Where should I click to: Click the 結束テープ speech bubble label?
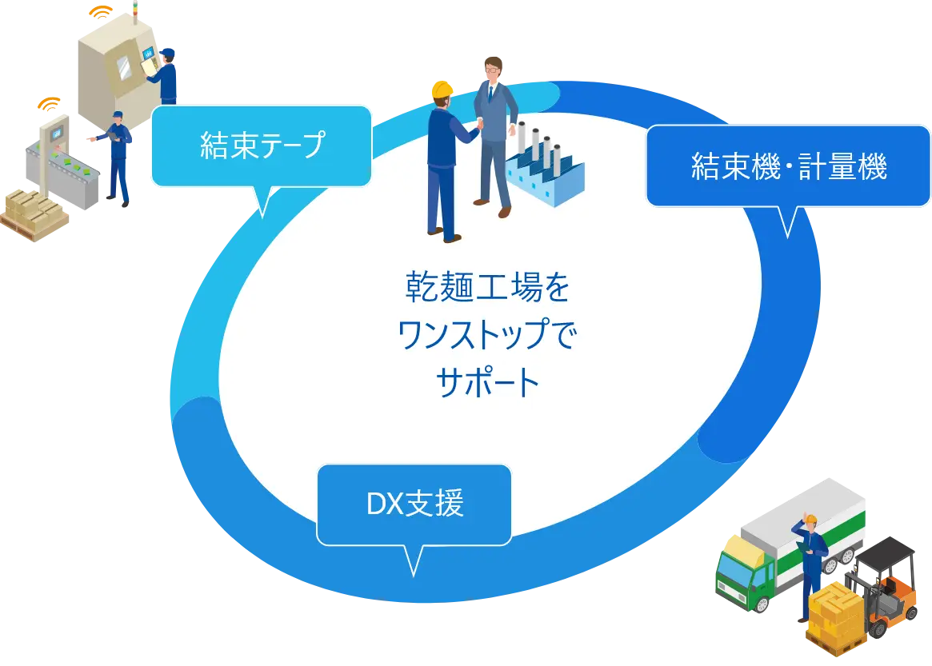pyautogui.click(x=262, y=146)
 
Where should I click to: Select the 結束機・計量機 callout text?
pyautogui.click(x=788, y=167)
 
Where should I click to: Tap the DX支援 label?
pyautogui.click(x=414, y=504)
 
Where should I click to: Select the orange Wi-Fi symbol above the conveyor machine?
pyautogui.click(x=50, y=103)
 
